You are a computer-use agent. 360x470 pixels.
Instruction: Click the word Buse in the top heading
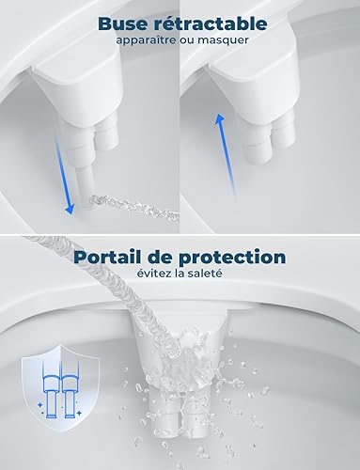121,23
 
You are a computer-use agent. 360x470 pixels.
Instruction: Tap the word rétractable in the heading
209,23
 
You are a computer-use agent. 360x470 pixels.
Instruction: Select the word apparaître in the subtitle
146,40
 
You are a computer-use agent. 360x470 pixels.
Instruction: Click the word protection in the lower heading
232,258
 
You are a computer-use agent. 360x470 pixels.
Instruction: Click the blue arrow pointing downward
65,175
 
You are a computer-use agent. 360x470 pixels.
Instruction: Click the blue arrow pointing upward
225,155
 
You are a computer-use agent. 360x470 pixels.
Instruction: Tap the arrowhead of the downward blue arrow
70,210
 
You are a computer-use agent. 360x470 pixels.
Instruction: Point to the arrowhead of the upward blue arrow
220,119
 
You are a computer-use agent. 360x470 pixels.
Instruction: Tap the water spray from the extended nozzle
134,207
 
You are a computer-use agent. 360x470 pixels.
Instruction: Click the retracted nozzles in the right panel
271,138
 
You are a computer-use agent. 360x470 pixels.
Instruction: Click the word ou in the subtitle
185,41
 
